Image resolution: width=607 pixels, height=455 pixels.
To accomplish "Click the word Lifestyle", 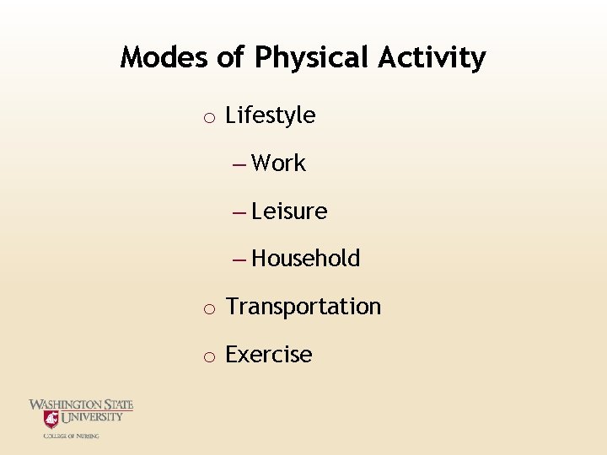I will (271, 115).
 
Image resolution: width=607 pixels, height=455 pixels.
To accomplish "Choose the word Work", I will (278, 163).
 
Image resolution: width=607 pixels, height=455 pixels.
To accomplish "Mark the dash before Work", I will (239, 164).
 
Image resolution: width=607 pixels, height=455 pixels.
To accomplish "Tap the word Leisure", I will (289, 211).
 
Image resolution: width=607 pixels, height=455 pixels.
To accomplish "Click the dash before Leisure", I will (239, 212).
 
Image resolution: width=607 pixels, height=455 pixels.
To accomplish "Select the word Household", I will (305, 259).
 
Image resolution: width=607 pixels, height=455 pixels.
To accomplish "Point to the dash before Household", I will (239, 260).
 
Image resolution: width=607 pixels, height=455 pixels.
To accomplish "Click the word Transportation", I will (303, 307).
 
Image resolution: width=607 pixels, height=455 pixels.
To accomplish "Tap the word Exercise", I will (269, 355).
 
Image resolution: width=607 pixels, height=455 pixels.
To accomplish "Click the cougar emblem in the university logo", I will (51, 419).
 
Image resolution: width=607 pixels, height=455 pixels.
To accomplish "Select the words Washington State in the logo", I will (81, 405).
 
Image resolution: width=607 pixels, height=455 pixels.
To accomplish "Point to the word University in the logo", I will (92, 416).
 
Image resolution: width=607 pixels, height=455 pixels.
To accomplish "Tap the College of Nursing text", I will (72, 436).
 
